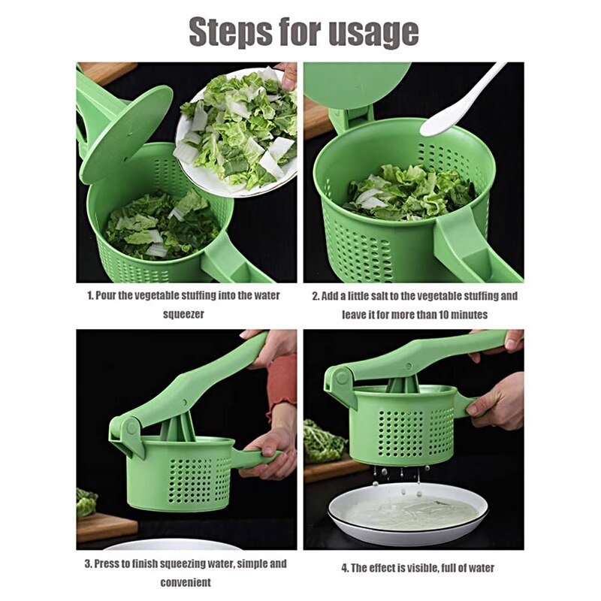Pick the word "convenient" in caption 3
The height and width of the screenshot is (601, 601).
[x=185, y=581]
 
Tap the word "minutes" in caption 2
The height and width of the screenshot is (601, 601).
[x=467, y=314]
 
